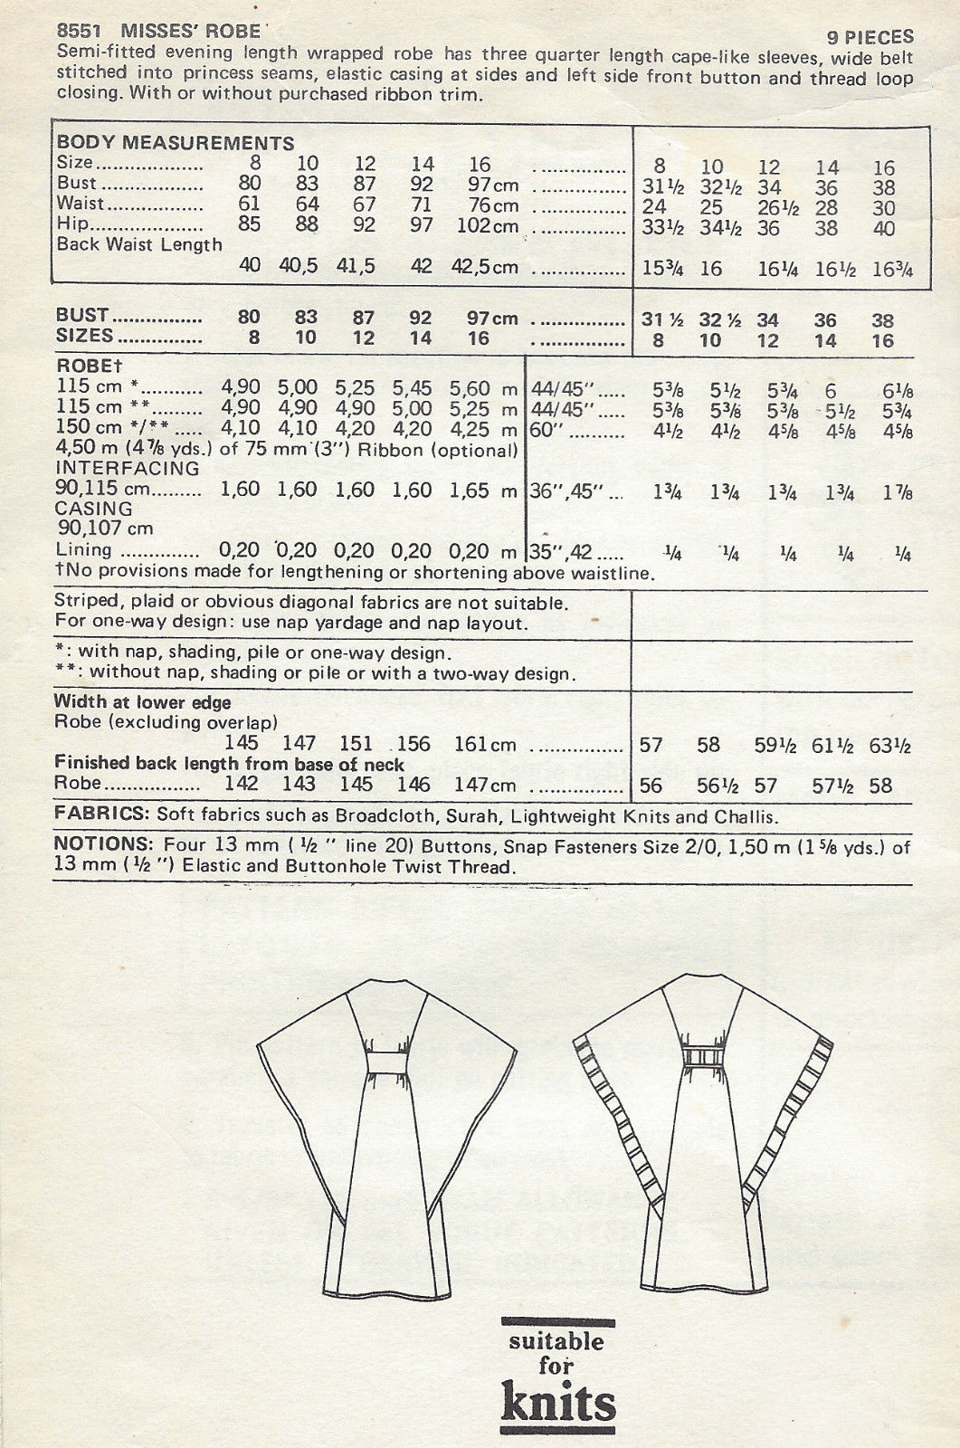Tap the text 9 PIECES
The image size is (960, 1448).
coord(870,37)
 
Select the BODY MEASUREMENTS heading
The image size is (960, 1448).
coord(176,143)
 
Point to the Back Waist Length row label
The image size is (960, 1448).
coord(139,244)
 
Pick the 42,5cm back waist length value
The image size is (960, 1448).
coord(484,267)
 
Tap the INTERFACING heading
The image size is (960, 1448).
coord(128,469)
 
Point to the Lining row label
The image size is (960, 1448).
coord(84,550)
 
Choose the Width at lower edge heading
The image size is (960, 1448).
coord(142,702)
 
